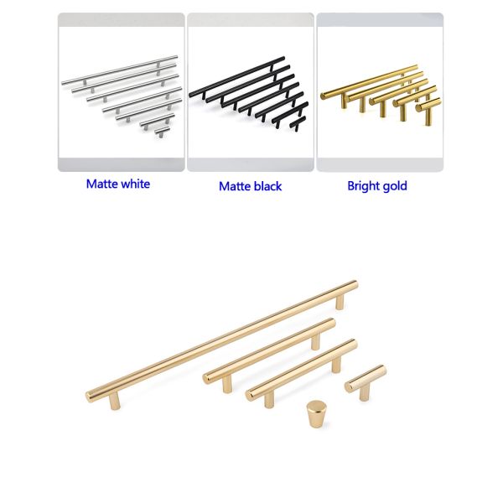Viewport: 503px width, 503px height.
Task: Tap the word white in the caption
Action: [136, 184]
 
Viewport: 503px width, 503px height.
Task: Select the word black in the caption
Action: [267, 186]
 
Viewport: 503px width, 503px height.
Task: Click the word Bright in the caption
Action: [363, 186]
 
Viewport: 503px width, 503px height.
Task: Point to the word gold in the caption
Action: [395, 186]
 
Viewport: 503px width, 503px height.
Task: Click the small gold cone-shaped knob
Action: [316, 414]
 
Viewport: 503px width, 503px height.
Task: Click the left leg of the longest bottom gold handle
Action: [115, 401]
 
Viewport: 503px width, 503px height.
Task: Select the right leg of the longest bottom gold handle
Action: [340, 302]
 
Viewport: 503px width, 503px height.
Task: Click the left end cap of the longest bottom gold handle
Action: [89, 397]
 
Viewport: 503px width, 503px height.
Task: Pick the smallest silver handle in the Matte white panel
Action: [162, 132]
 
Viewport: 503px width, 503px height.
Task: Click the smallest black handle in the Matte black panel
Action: [298, 123]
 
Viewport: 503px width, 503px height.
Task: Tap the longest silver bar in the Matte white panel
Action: [120, 70]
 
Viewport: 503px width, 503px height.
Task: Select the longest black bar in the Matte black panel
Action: [236, 76]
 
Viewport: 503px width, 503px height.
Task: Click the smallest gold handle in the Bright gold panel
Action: [428, 110]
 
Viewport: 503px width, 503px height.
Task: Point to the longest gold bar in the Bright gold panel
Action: [369, 82]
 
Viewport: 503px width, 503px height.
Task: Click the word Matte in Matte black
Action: [235, 186]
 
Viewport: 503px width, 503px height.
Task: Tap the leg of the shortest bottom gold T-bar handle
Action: [364, 392]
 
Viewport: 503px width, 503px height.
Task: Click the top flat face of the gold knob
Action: [317, 405]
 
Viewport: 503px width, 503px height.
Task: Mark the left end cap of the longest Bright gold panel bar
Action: [324, 96]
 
